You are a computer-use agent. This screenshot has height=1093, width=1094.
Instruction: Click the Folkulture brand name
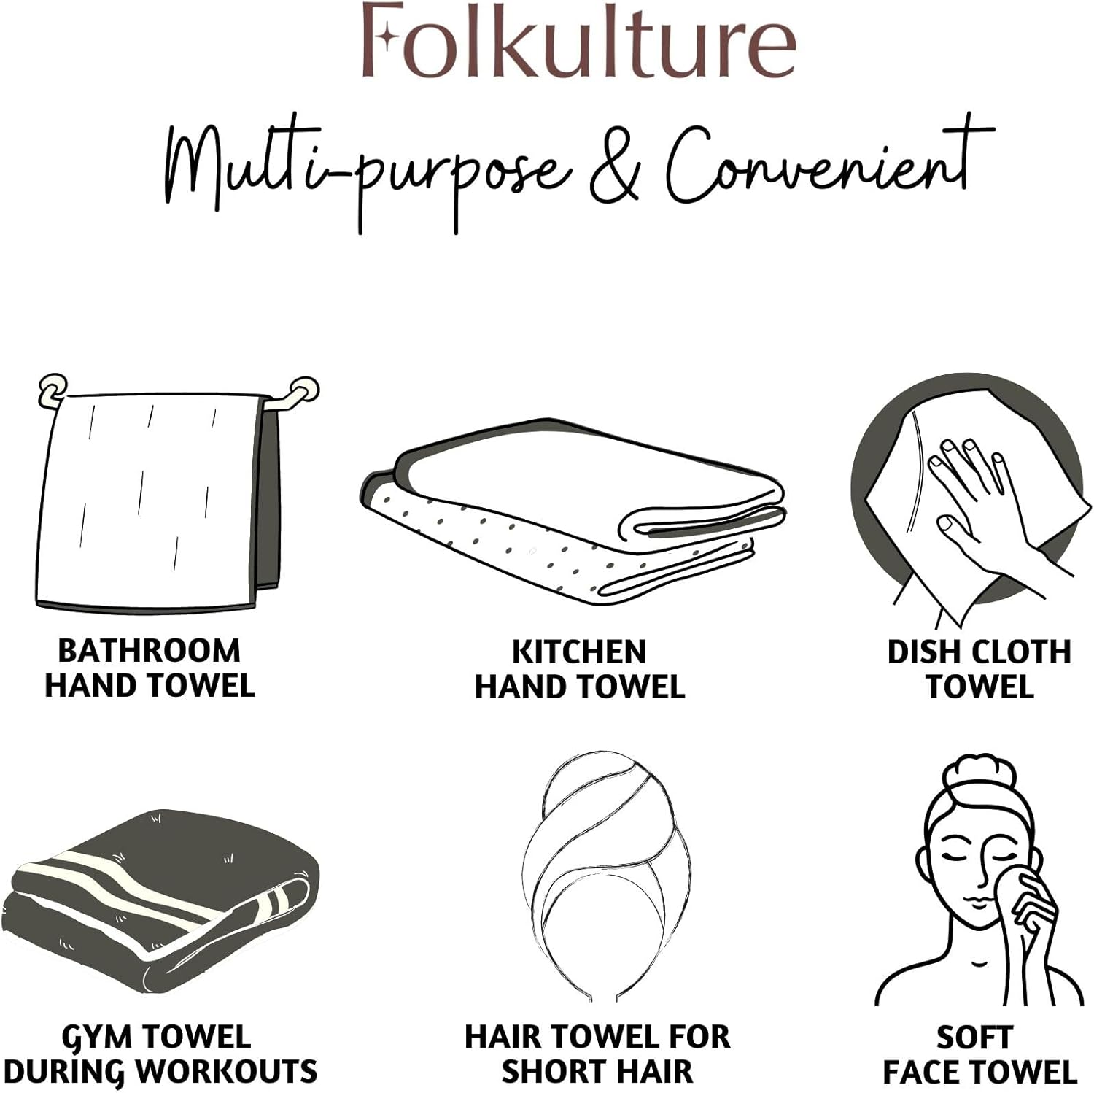[x=578, y=42]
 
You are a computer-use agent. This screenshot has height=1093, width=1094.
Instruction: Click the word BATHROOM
[x=150, y=651]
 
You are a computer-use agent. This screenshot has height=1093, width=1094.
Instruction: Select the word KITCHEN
[x=579, y=652]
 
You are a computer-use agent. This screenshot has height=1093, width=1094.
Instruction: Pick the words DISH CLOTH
[x=979, y=652]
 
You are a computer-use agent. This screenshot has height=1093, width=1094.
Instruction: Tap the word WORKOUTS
[x=227, y=1072]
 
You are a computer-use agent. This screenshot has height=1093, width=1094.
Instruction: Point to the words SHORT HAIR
[x=597, y=1072]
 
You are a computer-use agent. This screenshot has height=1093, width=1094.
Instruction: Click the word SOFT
[x=974, y=1038]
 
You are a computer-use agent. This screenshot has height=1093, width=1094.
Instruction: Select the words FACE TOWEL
[x=979, y=1072]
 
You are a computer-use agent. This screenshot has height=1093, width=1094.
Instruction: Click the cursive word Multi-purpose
[x=365, y=171]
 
